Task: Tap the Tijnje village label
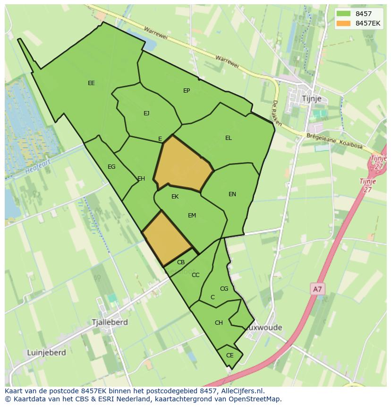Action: [x=311, y=98]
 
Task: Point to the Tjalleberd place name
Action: [x=110, y=322]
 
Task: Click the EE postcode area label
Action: [x=91, y=83]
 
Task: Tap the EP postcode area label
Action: [x=187, y=90]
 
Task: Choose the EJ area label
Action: [x=146, y=113]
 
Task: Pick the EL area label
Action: [x=229, y=138]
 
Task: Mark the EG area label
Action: [x=111, y=167]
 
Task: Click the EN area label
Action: [x=232, y=194]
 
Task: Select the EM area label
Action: [x=192, y=216]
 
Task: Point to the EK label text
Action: [x=175, y=197]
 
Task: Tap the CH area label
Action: [x=219, y=323]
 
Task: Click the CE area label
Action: [x=230, y=355]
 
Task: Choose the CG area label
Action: [x=224, y=289]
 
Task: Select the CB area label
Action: [x=181, y=262]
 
